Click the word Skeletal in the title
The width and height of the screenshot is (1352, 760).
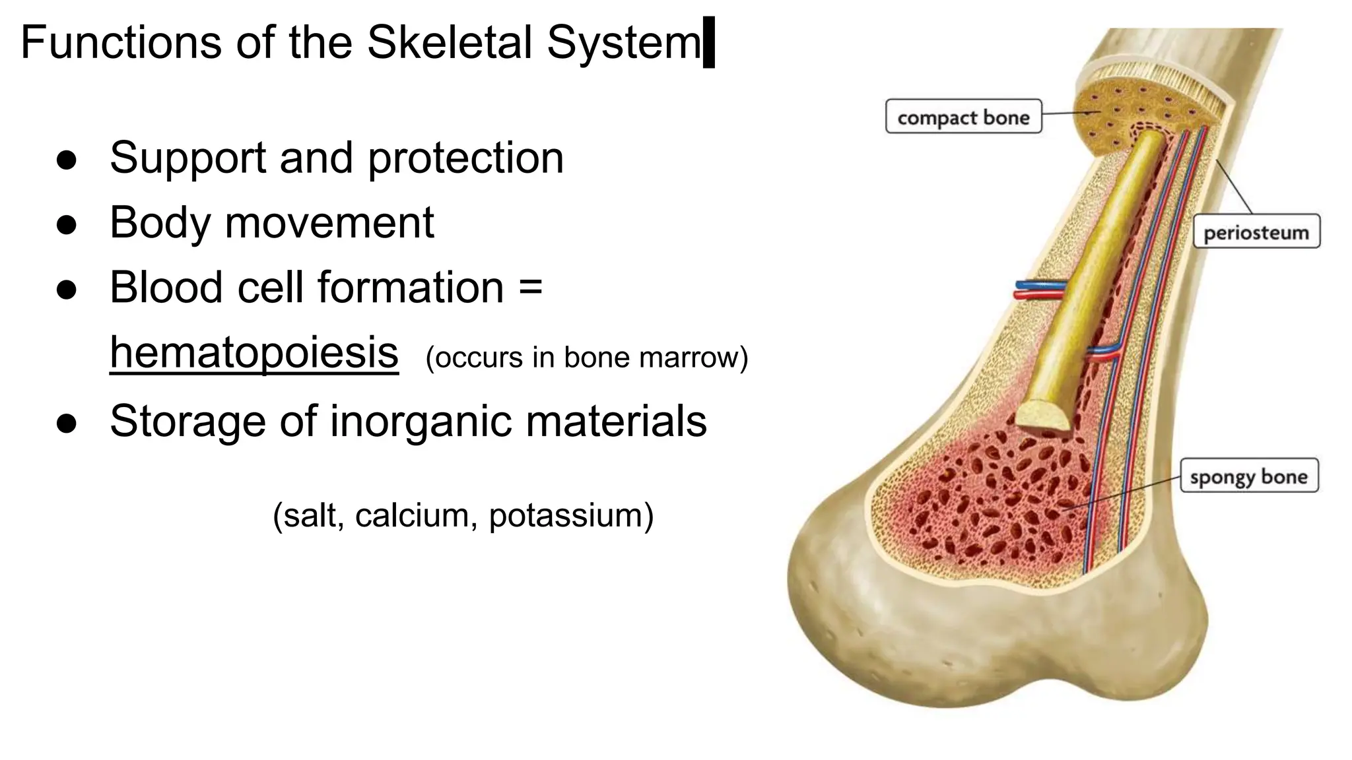tap(449, 42)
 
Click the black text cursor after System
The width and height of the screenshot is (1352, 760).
tap(709, 42)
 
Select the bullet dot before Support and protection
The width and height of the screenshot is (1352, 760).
tap(67, 160)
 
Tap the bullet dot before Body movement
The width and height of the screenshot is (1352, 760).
tap(67, 224)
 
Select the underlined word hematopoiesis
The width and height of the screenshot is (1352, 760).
tap(254, 353)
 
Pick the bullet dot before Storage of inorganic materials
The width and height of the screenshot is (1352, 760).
tap(67, 423)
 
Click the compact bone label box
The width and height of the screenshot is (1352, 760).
tap(963, 117)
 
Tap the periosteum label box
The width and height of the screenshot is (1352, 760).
tap(1256, 232)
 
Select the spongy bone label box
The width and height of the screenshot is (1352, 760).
tap(1249, 476)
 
